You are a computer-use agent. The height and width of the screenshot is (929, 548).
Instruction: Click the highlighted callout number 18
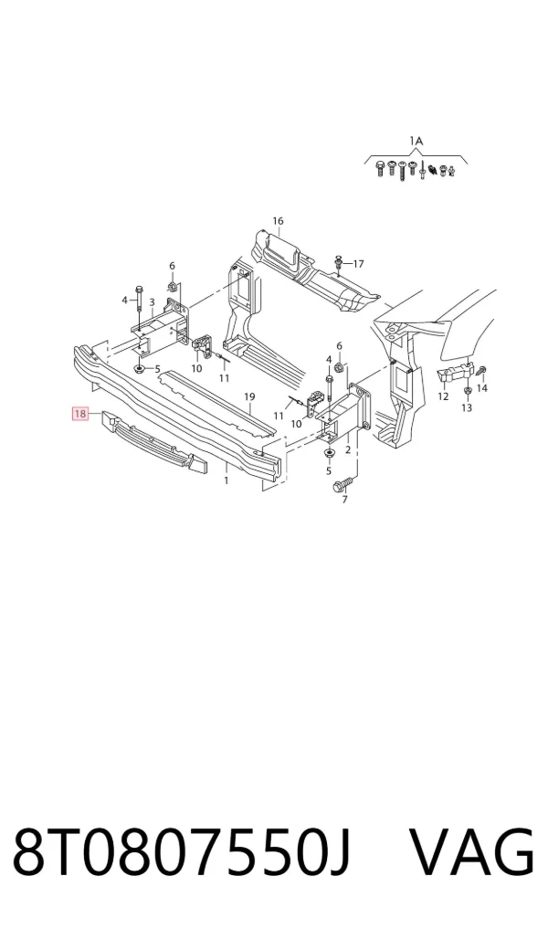point(80,413)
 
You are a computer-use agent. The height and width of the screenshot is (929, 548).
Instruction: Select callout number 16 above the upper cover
point(278,221)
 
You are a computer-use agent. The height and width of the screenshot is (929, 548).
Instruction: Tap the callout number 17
point(358,264)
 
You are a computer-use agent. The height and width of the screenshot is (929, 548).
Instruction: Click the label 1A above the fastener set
point(416,141)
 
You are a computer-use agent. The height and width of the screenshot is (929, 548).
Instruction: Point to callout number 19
point(248,396)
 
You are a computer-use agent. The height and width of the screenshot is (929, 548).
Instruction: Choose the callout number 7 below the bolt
point(345,500)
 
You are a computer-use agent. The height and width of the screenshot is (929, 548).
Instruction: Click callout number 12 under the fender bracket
point(443,396)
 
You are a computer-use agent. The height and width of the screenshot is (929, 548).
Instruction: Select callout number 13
point(466,407)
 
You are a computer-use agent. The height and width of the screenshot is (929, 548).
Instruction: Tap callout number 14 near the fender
point(481,388)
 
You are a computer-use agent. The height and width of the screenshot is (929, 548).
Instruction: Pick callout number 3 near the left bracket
point(152,302)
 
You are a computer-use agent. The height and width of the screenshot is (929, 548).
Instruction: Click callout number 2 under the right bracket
point(348,450)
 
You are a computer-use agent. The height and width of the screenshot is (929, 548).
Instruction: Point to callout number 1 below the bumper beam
point(227,480)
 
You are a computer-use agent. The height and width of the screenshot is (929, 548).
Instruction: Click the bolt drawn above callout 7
point(343,483)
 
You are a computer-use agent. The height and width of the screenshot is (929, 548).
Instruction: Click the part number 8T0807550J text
point(183,852)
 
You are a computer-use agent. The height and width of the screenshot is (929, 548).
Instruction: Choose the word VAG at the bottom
point(473,852)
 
